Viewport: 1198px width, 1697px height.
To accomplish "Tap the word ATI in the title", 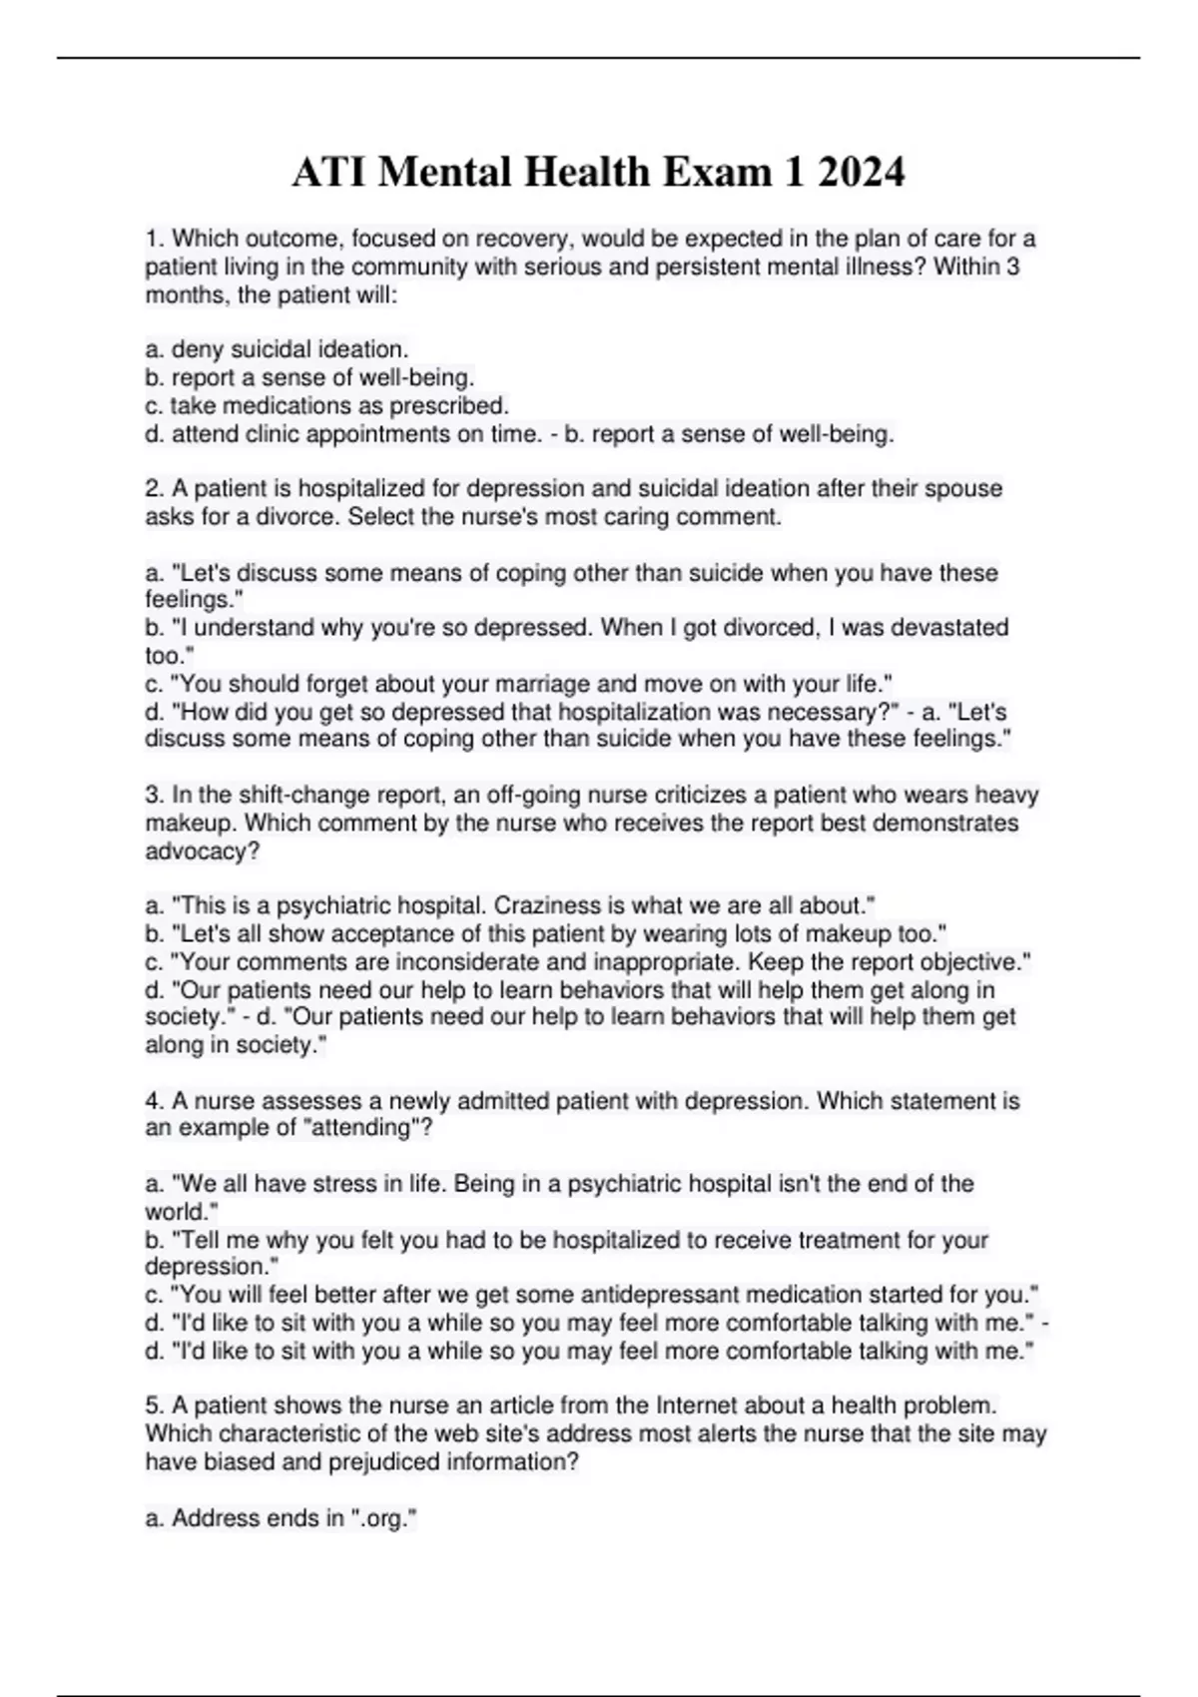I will tap(328, 173).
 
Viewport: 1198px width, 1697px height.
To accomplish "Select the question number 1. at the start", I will tap(155, 239).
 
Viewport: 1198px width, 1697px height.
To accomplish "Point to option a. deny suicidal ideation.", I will tap(277, 349).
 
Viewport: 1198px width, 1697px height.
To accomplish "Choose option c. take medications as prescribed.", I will tap(326, 405).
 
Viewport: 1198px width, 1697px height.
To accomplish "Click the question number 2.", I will tap(155, 489).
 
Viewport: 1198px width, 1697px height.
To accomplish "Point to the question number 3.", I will tap(155, 796).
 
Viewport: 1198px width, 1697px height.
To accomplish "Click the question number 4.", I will tap(155, 1101).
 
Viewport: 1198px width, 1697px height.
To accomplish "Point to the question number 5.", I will tap(155, 1406).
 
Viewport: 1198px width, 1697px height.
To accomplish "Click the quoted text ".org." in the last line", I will tap(384, 1518).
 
